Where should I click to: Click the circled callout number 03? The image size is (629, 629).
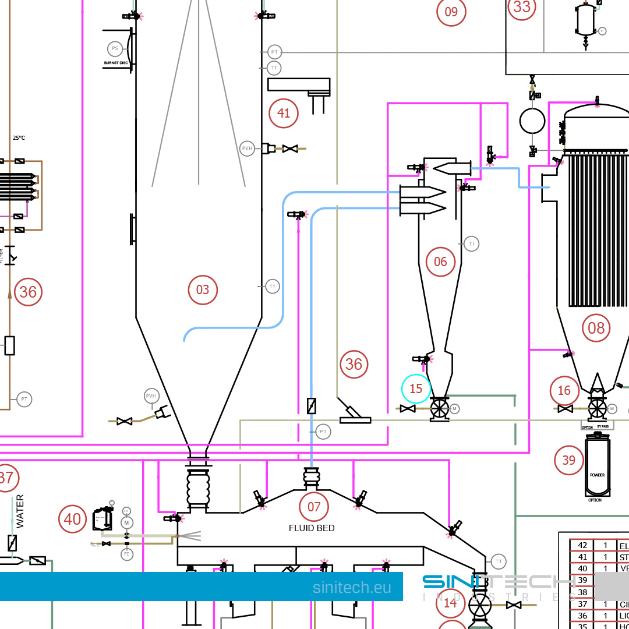[x=203, y=289]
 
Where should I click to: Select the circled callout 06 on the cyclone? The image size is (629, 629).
[x=440, y=262]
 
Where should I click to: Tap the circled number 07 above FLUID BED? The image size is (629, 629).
[x=314, y=507]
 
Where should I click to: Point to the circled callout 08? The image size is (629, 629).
[x=596, y=328]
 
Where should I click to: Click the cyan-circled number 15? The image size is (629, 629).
[x=416, y=388]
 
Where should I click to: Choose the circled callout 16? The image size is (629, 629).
[x=564, y=390]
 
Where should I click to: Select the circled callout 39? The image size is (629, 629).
[x=568, y=460]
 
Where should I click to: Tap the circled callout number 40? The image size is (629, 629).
[x=72, y=518]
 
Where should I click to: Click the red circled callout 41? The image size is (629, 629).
[x=284, y=113]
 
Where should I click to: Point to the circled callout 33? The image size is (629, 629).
[x=522, y=7]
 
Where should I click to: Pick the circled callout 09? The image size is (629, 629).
[x=451, y=12]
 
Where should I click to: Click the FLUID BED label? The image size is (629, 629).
[x=312, y=528]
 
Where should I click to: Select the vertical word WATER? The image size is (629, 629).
[x=20, y=511]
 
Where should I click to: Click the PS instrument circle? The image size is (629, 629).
[x=115, y=48]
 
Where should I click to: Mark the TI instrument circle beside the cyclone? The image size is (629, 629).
[x=472, y=243]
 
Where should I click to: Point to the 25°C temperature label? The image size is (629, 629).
[x=19, y=138]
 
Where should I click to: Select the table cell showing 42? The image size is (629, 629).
[x=582, y=546]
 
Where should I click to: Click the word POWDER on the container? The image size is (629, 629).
[x=597, y=475]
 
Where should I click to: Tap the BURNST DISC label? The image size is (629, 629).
[x=116, y=62]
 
